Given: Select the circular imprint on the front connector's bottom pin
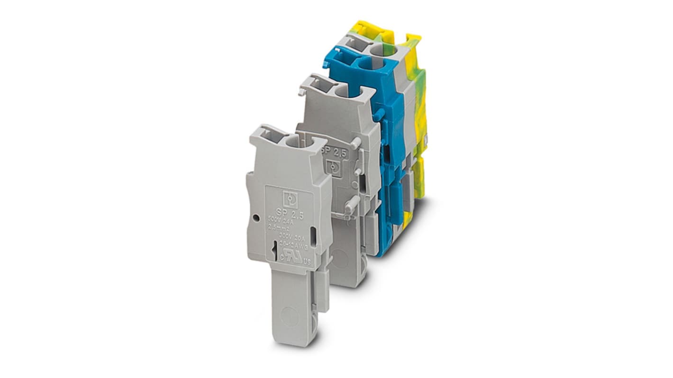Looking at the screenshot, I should pyautogui.click(x=290, y=316).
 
